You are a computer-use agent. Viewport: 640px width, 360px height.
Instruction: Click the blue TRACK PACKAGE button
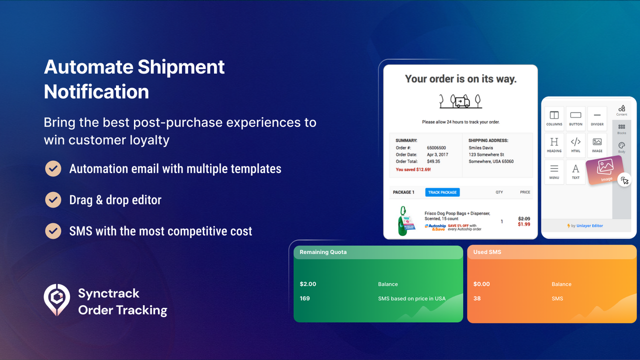442,192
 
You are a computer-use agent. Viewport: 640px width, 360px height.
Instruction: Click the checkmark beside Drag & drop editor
53,200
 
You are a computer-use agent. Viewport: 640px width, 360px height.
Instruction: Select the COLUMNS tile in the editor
554,118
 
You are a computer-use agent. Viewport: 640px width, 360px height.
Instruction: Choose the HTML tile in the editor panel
575,145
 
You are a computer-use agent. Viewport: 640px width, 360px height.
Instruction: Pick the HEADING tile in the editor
554,145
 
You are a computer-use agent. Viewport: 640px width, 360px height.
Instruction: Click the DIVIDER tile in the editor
597,118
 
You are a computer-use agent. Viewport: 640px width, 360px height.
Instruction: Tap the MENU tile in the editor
554,171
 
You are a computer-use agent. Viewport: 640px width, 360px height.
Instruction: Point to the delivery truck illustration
460,101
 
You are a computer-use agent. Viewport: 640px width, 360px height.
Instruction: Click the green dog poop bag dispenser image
403,220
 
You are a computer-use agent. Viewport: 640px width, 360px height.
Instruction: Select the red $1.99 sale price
524,224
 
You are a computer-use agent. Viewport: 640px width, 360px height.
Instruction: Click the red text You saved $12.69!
413,169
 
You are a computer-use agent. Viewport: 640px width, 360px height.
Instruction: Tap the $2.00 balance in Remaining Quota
308,284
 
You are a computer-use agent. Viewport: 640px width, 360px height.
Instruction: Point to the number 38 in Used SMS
477,298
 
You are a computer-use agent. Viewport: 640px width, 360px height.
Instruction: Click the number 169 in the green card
305,298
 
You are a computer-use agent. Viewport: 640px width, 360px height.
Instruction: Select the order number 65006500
436,148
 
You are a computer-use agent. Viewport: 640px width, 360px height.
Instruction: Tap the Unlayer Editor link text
589,226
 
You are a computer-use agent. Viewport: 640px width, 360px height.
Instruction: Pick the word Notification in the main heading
96,92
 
